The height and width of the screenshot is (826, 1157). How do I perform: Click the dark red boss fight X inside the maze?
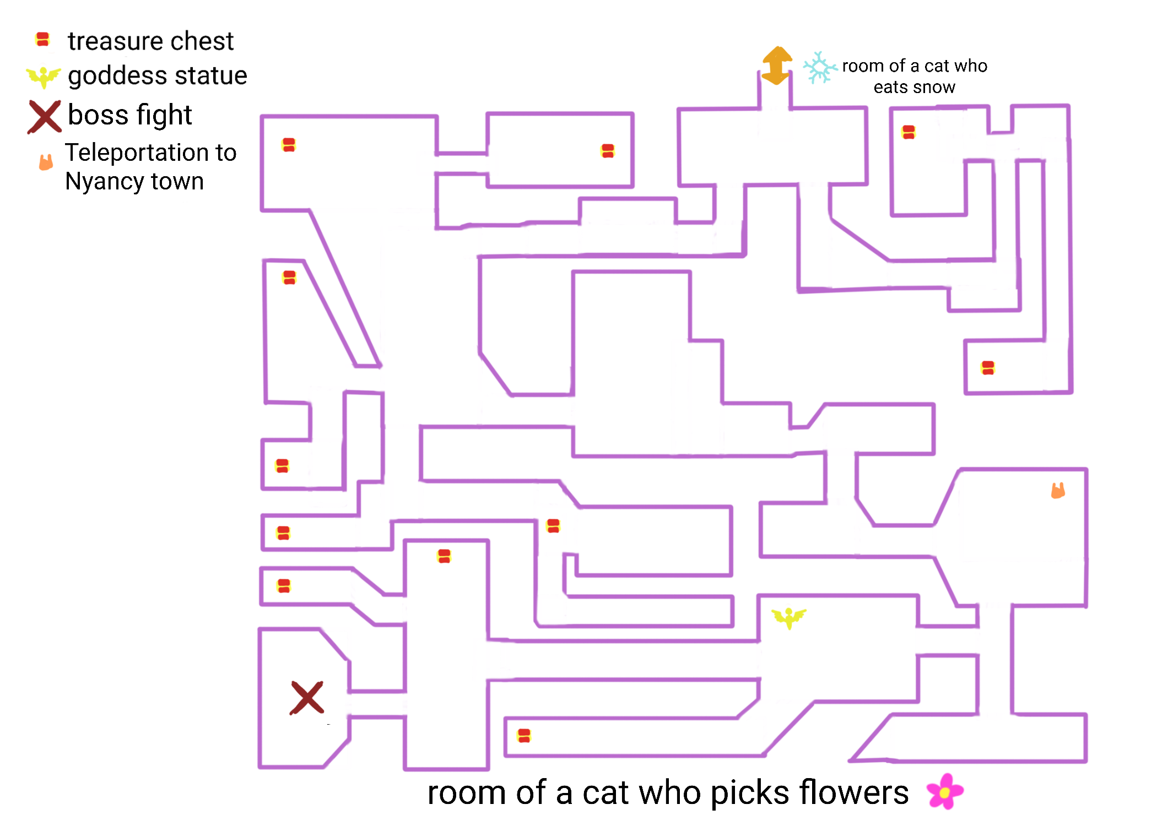pos(307,698)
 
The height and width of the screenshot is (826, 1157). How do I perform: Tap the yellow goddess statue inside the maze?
pos(788,617)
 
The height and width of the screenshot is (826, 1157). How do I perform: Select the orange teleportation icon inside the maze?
pos(1058,490)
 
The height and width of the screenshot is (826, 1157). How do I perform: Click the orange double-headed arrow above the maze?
pos(777,66)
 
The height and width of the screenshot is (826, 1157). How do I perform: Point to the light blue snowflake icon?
pos(819,68)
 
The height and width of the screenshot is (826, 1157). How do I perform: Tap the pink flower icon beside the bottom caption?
pos(945,791)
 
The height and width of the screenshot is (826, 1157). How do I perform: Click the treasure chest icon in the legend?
pos(42,40)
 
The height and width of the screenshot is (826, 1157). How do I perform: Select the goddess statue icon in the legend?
pos(44,77)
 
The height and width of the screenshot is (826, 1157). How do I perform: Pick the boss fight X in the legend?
pos(44,116)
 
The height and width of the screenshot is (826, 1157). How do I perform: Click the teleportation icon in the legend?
pos(46,162)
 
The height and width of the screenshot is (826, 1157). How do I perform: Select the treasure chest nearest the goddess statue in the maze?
pos(553,526)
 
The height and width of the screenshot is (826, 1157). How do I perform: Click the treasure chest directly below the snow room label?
pos(909,132)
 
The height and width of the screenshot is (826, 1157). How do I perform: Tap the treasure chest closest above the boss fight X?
pos(284,586)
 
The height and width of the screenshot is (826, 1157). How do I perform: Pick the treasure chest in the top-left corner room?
pos(289,145)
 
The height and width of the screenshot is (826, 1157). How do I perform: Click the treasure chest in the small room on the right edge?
pos(988,368)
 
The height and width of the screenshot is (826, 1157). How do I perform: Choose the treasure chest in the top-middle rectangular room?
pos(608,151)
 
